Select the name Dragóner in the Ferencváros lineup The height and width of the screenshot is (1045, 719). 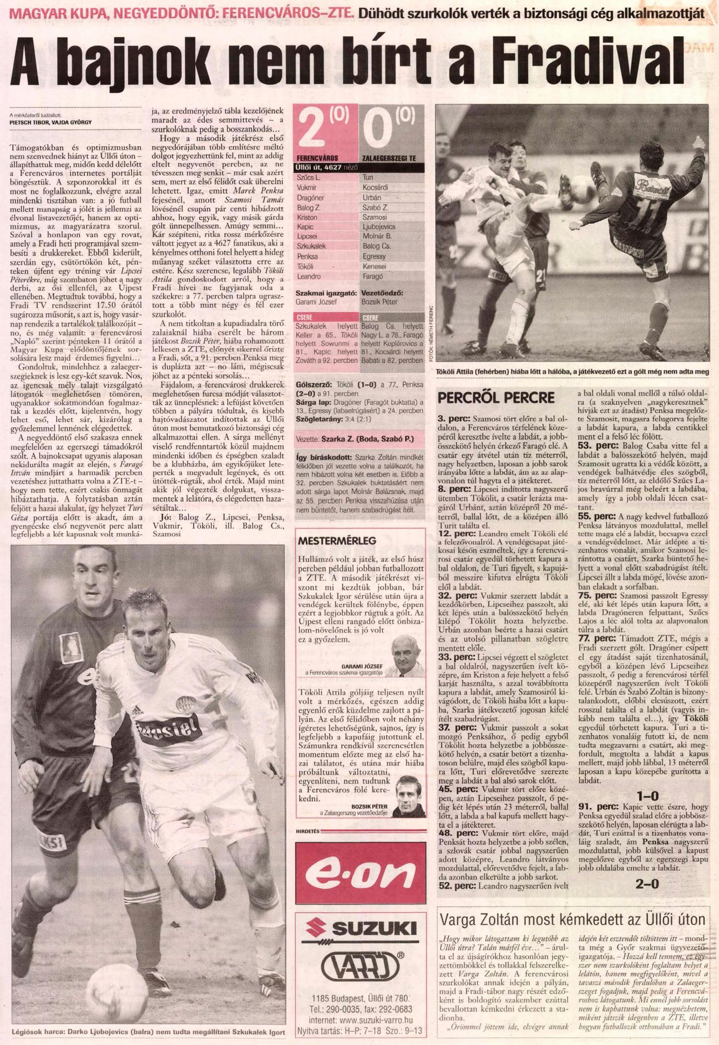[311, 197]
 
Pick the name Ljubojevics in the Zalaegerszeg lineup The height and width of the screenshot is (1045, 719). [379, 226]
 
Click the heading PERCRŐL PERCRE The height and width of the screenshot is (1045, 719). [496, 397]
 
